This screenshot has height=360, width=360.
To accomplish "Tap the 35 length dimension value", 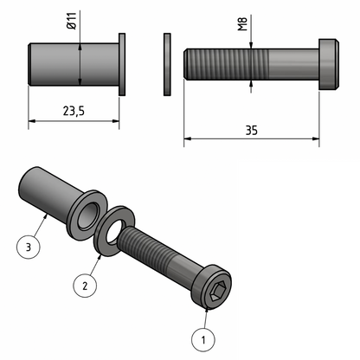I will (x=251, y=130).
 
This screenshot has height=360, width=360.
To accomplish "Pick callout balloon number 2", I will (x=84, y=284).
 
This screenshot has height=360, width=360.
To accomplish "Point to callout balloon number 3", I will (x=29, y=247).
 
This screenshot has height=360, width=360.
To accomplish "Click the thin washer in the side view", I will (x=166, y=64).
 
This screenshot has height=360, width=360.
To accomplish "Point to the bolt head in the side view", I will (x=326, y=64).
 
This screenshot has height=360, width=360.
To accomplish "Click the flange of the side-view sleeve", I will (x=123, y=64).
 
